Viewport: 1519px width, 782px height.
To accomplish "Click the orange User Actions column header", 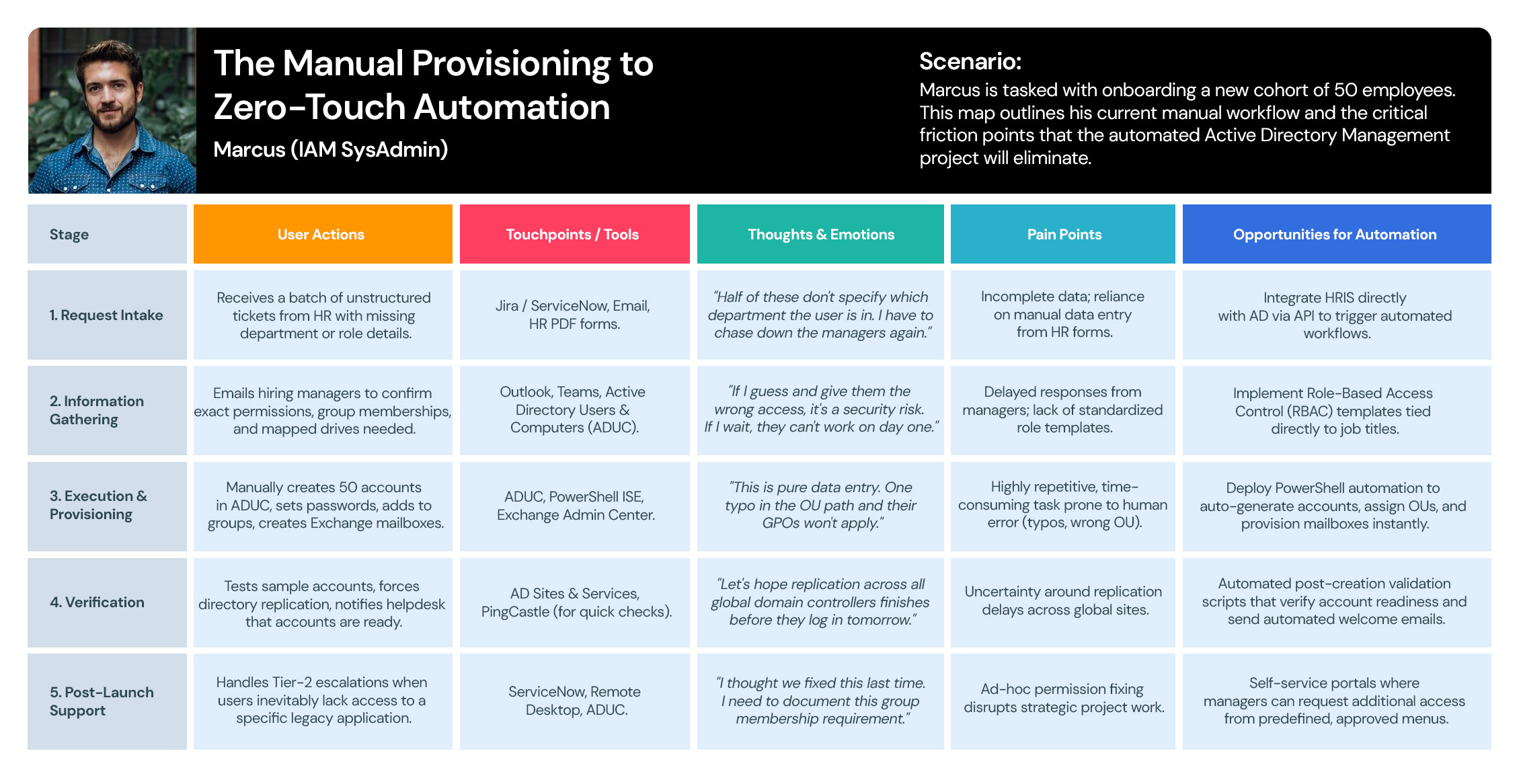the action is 323,234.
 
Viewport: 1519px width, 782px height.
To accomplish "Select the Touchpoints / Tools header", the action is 574,234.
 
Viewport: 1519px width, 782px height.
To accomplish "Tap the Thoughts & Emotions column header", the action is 820,234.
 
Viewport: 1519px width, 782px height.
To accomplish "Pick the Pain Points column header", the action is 1063,234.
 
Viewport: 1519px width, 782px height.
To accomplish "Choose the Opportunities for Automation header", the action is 1337,234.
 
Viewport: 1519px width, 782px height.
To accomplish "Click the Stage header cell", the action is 107,234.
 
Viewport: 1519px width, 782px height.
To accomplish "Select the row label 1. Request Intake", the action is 107,315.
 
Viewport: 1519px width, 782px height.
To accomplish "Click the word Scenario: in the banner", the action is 970,61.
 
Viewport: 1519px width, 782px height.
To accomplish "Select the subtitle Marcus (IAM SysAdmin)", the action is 330,149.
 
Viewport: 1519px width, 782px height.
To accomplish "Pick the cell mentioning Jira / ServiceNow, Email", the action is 574,315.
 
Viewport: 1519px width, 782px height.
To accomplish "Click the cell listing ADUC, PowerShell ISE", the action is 574,506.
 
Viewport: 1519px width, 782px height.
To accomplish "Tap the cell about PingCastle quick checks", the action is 574,602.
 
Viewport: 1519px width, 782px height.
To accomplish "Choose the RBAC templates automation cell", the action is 1337,410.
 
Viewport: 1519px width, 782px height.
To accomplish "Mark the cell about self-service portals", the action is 1337,701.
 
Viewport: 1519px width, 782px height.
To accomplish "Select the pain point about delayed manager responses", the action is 1063,410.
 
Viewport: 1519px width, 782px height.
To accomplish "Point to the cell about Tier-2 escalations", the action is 323,701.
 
